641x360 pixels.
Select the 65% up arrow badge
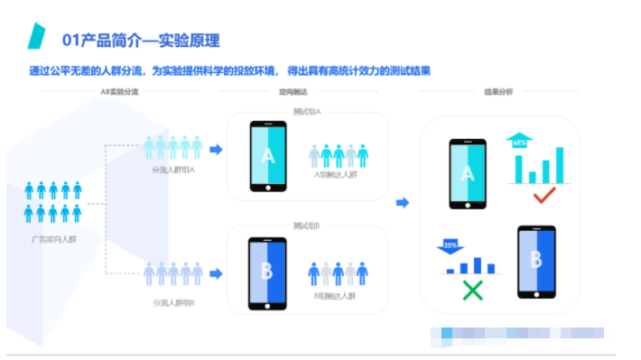tap(519, 141)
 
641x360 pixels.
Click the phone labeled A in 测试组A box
tap(267, 155)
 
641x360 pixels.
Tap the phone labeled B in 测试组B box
tap(267, 272)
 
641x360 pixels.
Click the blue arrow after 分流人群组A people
tap(216, 149)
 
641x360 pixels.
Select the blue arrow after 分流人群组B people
tap(216, 272)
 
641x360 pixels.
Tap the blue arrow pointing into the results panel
tap(403, 202)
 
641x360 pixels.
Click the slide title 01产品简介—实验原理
tap(140, 41)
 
